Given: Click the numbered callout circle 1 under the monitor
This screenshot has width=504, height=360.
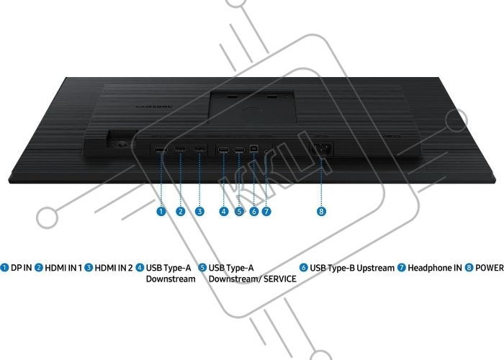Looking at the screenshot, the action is click(x=161, y=212).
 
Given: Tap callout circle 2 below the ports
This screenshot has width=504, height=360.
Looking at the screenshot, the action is click(x=181, y=212).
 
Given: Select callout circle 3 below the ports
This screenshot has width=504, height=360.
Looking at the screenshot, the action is click(x=199, y=212).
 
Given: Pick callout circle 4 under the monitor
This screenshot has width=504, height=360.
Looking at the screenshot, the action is click(x=224, y=212).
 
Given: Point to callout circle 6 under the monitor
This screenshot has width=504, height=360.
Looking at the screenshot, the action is click(x=254, y=212).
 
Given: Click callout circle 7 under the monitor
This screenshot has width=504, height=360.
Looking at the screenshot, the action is click(x=266, y=212).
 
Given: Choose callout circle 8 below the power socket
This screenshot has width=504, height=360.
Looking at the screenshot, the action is click(x=321, y=212).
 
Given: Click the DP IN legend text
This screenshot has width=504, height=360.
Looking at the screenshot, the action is click(x=21, y=268).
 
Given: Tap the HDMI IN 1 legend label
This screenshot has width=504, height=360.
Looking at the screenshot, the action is click(x=63, y=268).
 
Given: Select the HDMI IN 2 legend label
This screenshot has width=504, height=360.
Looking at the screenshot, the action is click(x=114, y=268).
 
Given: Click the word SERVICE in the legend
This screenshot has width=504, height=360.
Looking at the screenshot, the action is click(x=280, y=279).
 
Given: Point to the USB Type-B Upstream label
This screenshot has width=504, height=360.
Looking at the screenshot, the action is click(x=352, y=268).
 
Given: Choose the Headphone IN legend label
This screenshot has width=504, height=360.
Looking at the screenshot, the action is click(x=435, y=268).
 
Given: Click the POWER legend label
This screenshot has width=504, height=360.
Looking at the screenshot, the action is click(x=489, y=268).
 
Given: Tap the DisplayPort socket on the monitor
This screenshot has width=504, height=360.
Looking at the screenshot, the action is click(x=161, y=150).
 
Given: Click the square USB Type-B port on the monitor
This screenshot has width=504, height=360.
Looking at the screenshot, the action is click(x=253, y=149).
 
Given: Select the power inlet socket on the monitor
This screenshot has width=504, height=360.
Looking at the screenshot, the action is click(x=321, y=149).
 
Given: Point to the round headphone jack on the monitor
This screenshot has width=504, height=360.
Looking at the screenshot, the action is click(x=266, y=150).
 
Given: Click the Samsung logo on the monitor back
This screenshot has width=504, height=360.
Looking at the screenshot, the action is click(x=153, y=107).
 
